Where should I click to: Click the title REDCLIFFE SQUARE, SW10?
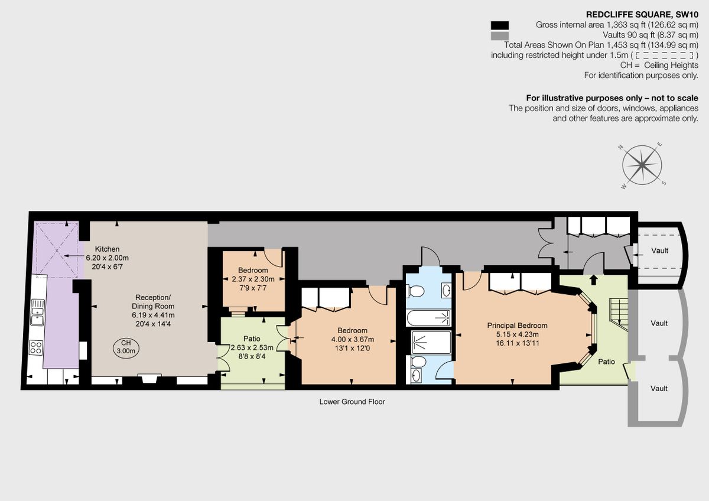[642, 14]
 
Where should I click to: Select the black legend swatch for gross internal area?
[499, 25]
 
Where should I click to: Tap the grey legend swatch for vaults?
[499, 35]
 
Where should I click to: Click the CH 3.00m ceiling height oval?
[125, 347]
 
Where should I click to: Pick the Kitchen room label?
[107, 249]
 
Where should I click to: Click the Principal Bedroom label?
[517, 326]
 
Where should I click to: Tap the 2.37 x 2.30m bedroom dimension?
[253, 279]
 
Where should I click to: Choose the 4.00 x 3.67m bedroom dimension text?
[352, 340]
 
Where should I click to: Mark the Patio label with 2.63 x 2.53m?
[252, 347]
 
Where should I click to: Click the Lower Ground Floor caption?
[352, 402]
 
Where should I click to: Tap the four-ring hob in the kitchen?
[37, 348]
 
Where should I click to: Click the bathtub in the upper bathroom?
[428, 318]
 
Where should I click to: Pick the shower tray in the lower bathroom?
[431, 341]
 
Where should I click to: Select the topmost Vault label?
[659, 250]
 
